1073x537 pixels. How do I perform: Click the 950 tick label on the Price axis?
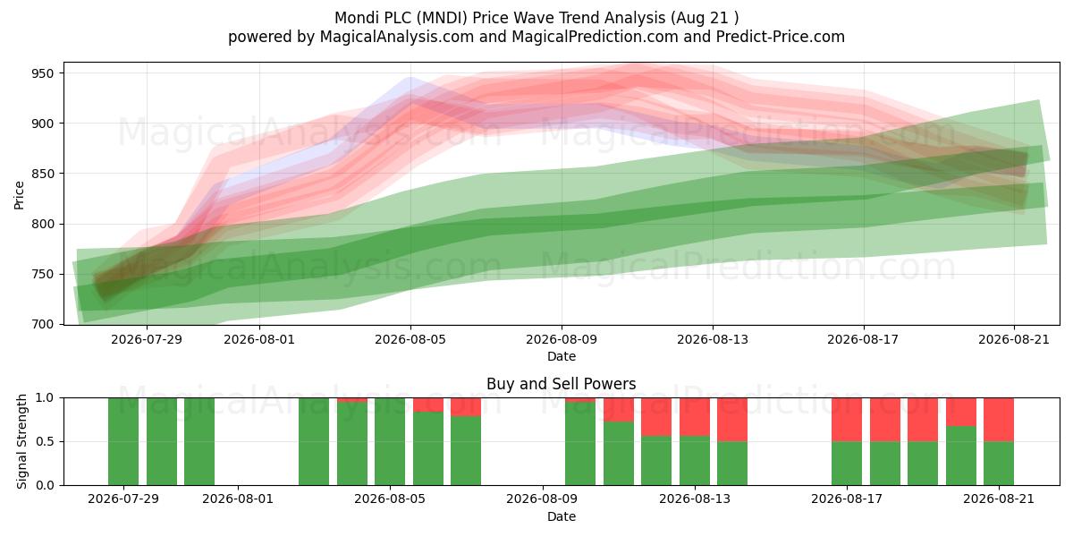pos(43,73)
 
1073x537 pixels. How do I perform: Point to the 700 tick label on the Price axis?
pos(43,325)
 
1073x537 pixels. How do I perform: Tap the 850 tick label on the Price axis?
pos(43,174)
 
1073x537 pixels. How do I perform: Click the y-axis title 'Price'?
pos(19,195)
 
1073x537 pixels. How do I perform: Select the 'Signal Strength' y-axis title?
pos(21,441)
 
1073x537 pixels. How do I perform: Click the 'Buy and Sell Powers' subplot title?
pos(561,384)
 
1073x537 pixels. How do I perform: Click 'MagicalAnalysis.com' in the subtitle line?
pos(397,37)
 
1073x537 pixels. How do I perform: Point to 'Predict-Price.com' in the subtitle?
pos(781,37)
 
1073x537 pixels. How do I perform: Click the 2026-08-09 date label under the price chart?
pos(562,339)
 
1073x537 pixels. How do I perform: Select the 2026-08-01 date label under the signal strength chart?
pos(238,499)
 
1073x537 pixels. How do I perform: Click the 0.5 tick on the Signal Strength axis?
pos(45,441)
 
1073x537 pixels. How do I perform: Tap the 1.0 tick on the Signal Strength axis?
pos(45,398)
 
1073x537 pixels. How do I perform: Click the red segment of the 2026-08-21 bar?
pos(999,420)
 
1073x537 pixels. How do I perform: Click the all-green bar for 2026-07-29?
pos(123,441)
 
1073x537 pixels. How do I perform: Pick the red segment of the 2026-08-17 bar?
pos(847,420)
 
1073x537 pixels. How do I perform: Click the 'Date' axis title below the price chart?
pos(562,356)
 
